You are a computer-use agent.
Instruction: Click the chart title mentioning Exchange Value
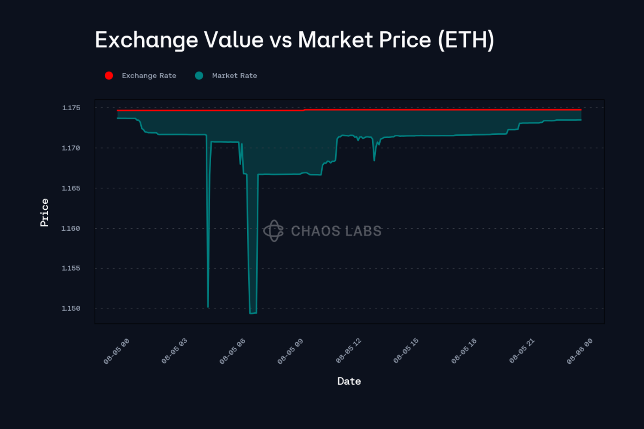tap(295, 40)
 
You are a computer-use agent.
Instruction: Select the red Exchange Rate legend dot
tap(109, 76)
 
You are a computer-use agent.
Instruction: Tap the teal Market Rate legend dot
tap(199, 76)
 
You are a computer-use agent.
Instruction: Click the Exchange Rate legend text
tap(149, 76)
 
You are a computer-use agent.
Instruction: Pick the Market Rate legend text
tap(234, 76)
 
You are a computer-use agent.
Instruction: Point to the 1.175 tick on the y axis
tap(71, 108)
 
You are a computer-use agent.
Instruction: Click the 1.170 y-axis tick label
tap(71, 148)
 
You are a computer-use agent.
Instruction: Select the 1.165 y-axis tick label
tap(71, 188)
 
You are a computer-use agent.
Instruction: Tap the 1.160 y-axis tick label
tap(71, 228)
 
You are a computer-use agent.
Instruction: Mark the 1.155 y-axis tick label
tap(71, 268)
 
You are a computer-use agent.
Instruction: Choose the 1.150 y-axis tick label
tap(71, 308)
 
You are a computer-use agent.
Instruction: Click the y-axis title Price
tap(44, 212)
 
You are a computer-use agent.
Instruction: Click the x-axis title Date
tap(349, 381)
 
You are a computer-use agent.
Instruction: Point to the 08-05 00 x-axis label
tap(116, 351)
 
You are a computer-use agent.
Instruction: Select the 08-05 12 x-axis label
tap(349, 351)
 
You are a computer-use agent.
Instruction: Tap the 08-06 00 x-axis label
tap(580, 351)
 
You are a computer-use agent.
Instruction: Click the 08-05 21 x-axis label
tap(522, 351)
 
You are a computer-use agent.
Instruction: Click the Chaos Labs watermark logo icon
tap(273, 231)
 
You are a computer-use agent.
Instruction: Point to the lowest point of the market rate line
tap(253, 313)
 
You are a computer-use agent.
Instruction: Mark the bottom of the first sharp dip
tap(208, 307)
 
